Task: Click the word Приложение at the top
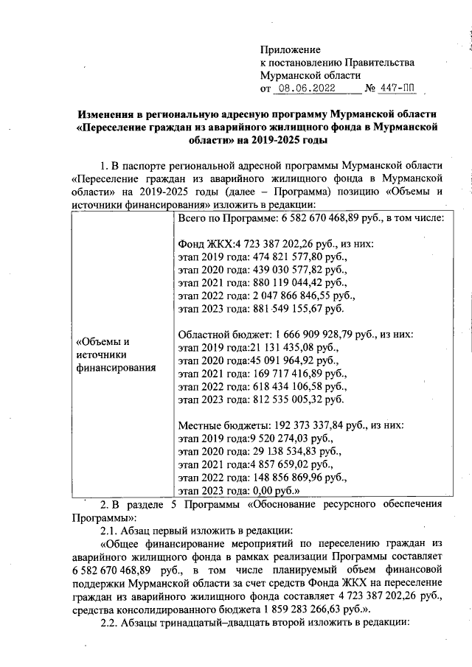tap(291, 49)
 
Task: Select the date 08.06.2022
tap(305, 89)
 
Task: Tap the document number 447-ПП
tap(397, 89)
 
